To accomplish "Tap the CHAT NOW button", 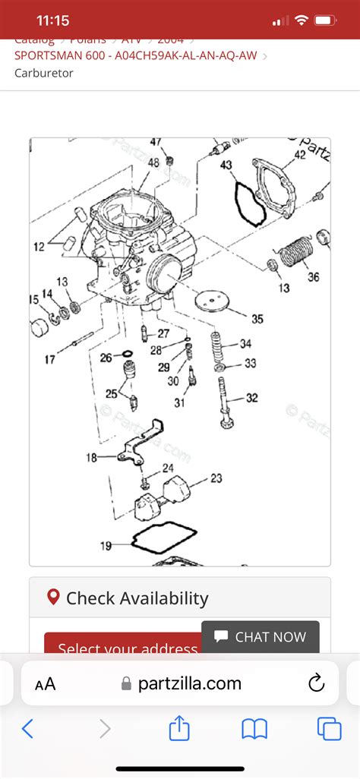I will coord(261,637).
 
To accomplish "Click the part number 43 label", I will coord(226,165).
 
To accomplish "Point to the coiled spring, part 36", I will coord(296,251).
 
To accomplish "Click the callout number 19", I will coord(106,545).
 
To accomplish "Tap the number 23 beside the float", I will coord(216,478).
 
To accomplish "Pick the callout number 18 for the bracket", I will coord(92,457).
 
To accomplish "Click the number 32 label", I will coord(251,398).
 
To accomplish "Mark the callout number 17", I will coord(49,359).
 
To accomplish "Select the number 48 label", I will coord(153,162).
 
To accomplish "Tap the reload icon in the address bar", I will coord(317,684).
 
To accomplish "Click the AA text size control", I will coord(46,684).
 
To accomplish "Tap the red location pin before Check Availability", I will coord(53,597).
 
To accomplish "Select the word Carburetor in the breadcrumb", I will coord(44,74).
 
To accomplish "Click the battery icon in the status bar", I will coord(326,20).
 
